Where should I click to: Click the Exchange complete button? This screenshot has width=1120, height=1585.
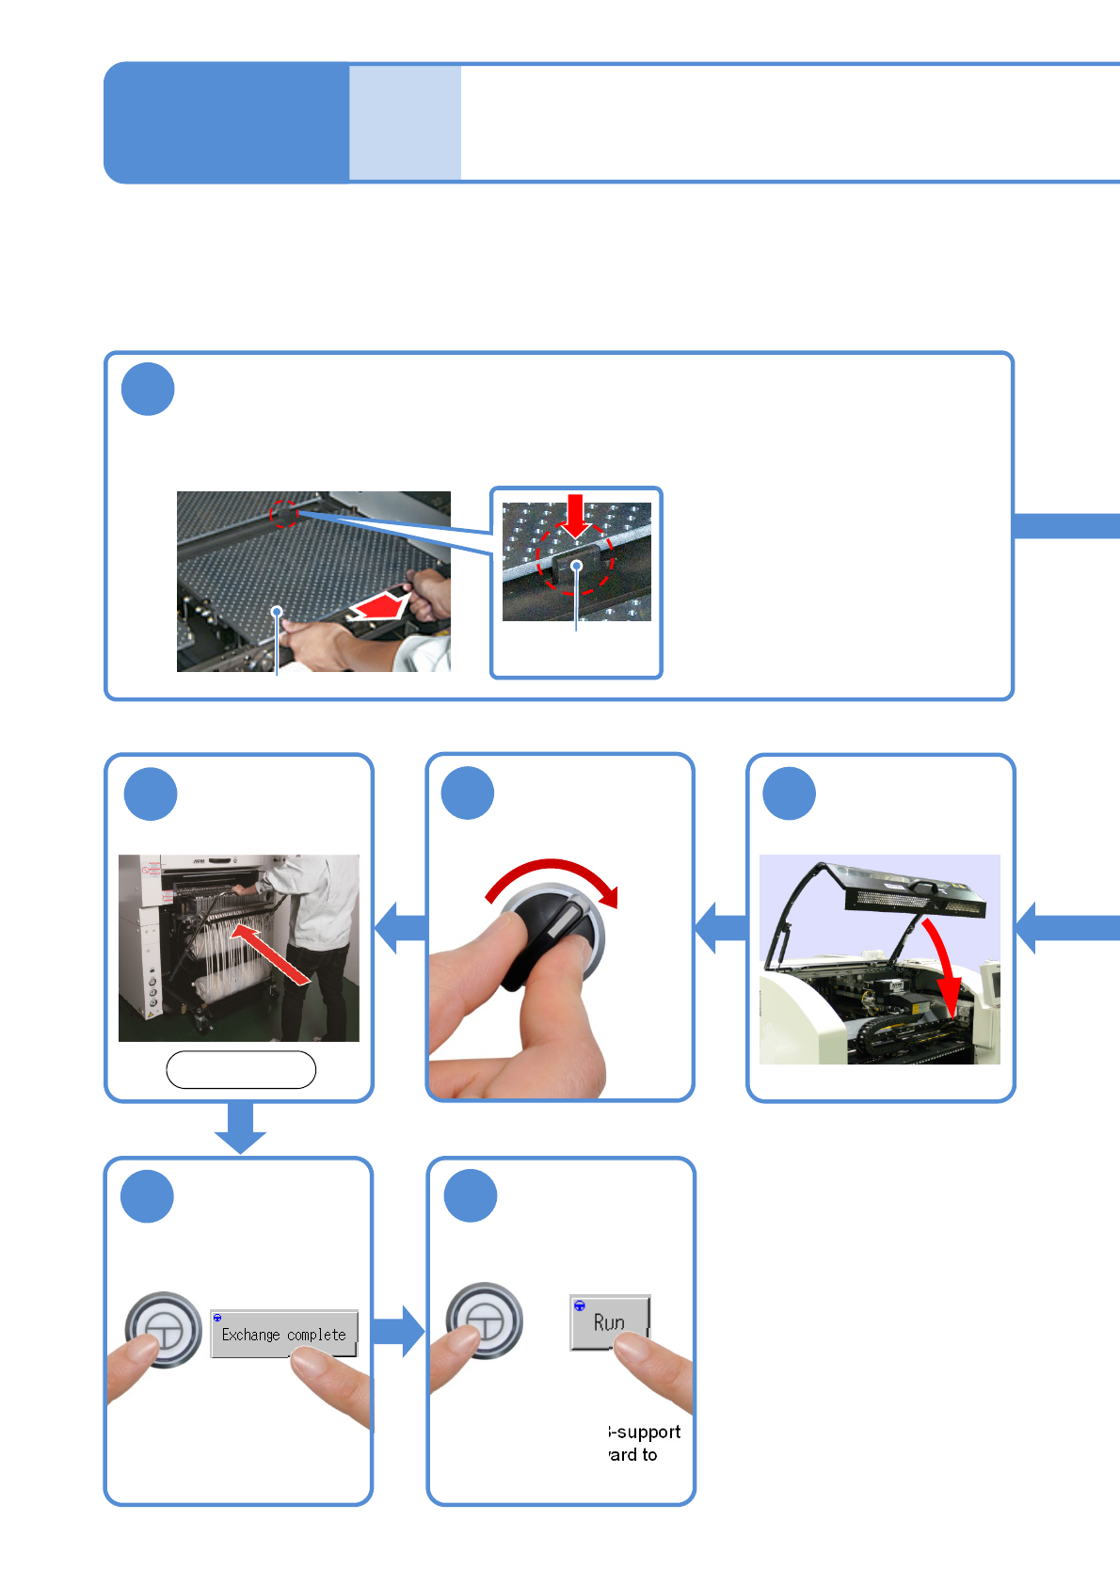coord(283,1334)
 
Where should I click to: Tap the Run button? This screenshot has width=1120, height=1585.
coord(609,1322)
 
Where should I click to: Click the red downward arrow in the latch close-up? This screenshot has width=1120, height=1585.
coord(575,515)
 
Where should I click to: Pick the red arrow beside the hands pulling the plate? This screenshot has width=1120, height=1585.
coord(378,607)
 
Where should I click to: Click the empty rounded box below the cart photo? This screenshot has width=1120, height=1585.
coord(241,1069)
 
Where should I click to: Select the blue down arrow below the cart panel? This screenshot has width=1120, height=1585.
coord(241,1128)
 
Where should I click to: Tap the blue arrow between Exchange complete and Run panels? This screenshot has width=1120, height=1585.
coord(399,1331)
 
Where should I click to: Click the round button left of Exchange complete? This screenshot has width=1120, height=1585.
coord(164,1329)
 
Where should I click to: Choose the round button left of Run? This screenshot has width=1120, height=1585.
coord(484,1321)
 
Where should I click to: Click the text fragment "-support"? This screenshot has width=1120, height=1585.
coord(645,1432)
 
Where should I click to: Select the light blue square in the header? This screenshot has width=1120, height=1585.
coord(405,122)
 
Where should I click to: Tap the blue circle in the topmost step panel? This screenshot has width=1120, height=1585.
coord(148,389)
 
